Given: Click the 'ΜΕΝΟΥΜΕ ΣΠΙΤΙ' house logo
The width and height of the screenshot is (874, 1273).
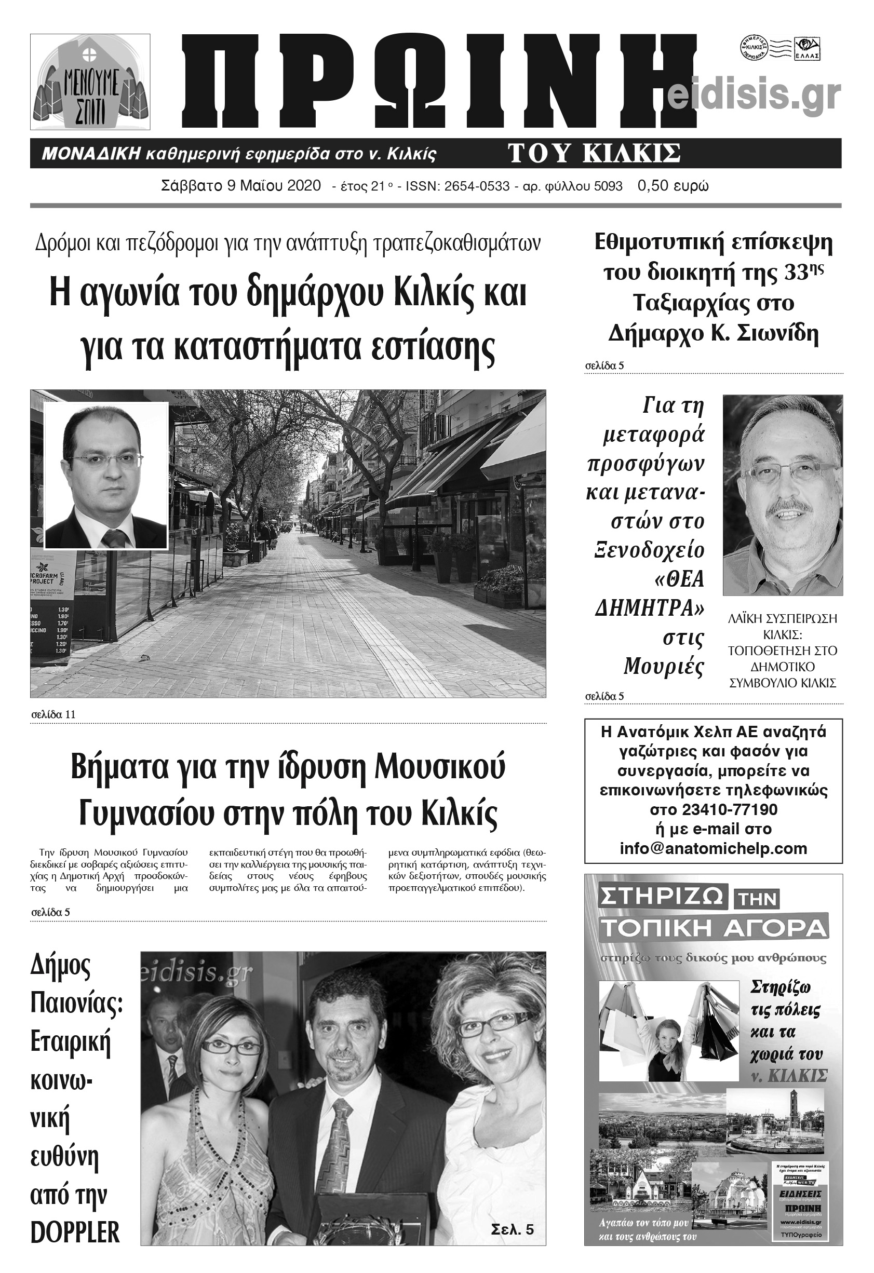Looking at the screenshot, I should (90, 82).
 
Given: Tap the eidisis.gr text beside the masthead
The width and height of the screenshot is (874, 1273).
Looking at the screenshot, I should (755, 95).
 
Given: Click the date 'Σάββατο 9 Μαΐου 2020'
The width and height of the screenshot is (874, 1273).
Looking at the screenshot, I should (241, 186).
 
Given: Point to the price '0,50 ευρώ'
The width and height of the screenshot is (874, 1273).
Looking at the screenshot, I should (673, 186).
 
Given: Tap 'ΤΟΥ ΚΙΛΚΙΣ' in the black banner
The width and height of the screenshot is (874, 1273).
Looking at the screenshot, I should (594, 154).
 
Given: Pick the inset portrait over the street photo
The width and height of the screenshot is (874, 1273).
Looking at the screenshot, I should (106, 475).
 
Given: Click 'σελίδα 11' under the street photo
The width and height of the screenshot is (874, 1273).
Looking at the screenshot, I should (53, 714).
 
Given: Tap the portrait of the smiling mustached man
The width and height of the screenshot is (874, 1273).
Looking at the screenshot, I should (783, 495).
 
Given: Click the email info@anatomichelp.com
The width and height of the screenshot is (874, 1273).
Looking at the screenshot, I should (713, 848).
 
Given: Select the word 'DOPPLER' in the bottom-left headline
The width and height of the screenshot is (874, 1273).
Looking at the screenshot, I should (75, 1233).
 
